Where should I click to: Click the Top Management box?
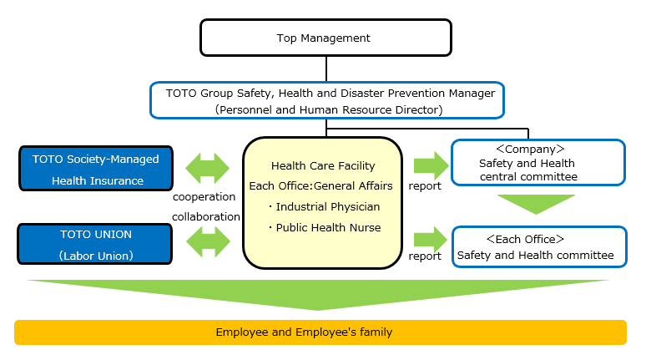pos(325,38)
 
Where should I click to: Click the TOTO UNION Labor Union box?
pos(95,245)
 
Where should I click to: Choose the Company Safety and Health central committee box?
pos(537,162)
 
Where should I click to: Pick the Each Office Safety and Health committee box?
pos(537,246)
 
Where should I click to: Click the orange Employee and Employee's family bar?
pos(320,332)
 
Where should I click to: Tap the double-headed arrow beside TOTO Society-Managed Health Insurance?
pos(207,167)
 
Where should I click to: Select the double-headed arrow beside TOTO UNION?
pos(207,244)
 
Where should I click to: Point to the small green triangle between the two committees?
pos(537,204)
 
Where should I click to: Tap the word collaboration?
pos(206,216)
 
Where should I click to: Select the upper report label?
pos(425,185)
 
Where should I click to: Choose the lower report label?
pos(425,256)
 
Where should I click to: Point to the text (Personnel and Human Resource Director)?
pos(326,109)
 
